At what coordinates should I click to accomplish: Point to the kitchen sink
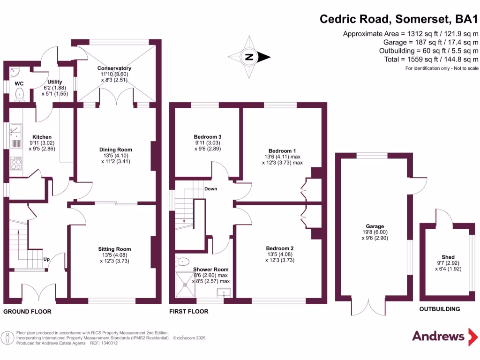coord(15,132)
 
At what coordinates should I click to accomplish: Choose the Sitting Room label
coord(115,249)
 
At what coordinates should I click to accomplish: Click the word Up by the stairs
coord(47,259)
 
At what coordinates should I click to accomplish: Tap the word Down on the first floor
coord(210,188)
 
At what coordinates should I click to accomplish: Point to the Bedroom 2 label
coord(280,248)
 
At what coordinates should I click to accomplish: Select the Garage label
coord(375,226)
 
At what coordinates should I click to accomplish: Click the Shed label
coord(445,257)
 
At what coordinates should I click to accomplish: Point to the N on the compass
coord(249,58)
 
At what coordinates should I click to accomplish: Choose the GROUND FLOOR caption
coord(27,311)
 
